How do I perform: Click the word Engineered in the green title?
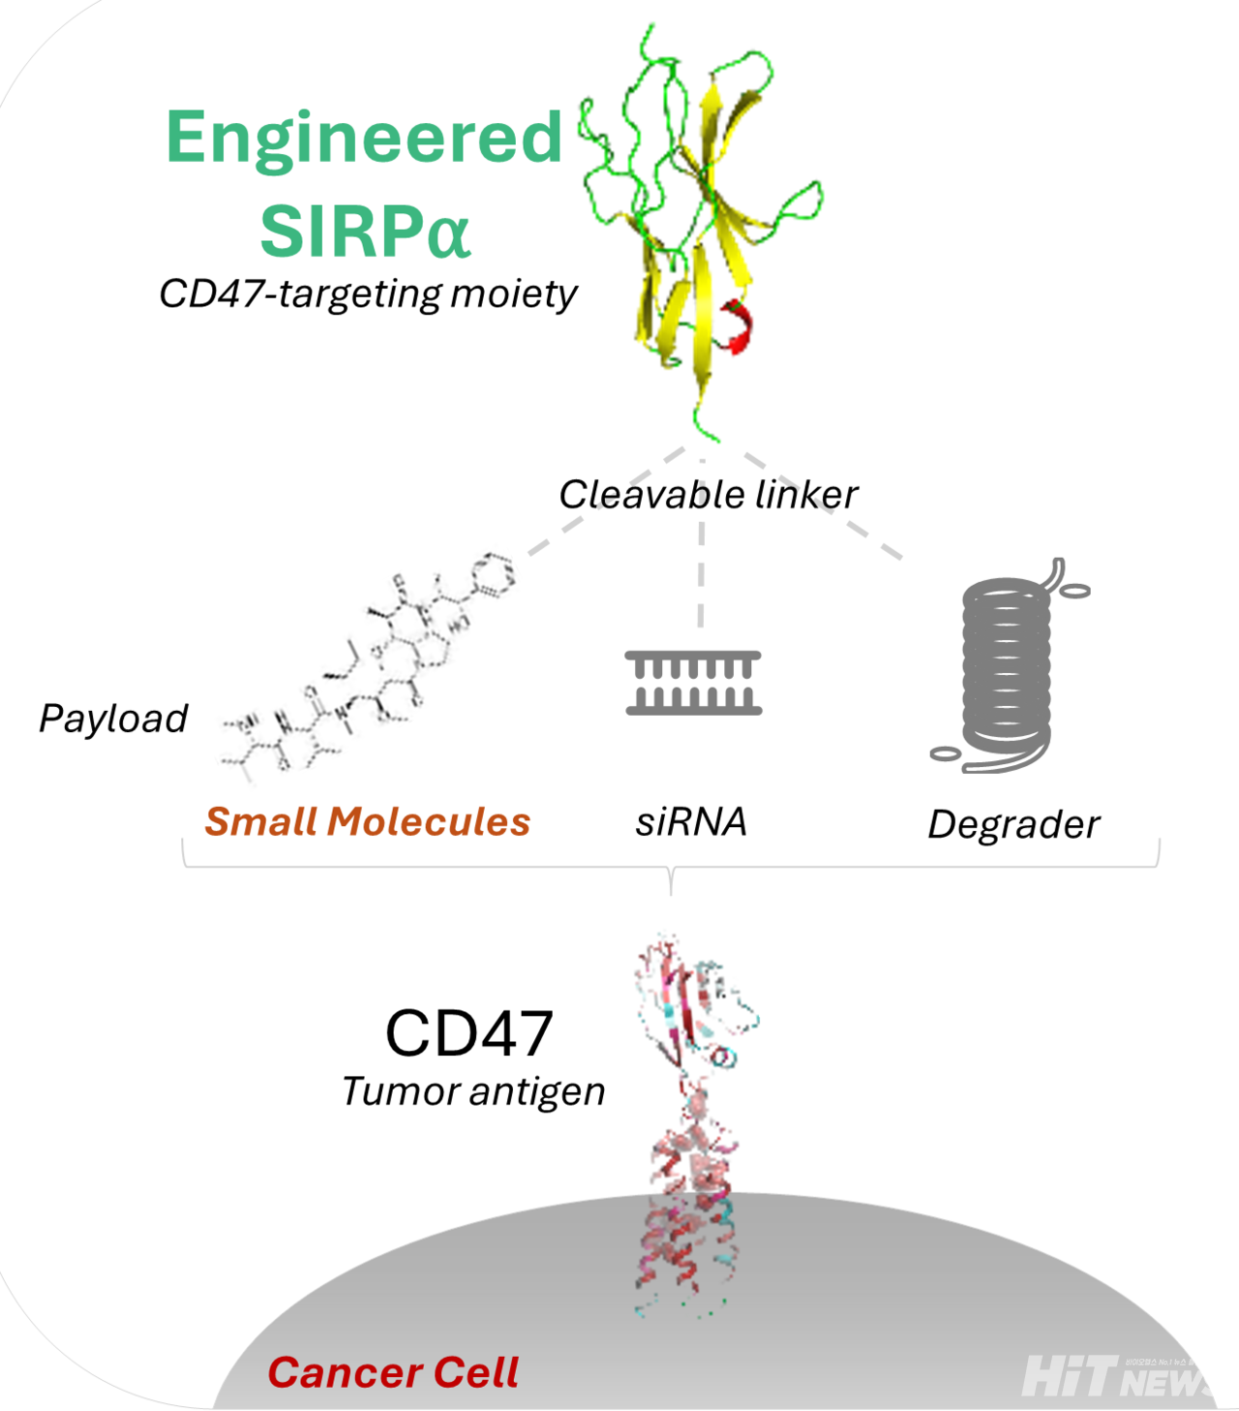pos(364,138)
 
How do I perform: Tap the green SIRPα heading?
pos(365,231)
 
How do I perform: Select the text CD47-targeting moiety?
pos(368,293)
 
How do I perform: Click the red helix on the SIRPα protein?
pos(740,327)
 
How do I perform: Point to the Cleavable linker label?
pos(708,495)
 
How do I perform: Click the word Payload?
pos(113,719)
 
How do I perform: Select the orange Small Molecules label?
pos(368,822)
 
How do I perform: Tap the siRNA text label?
pos(691,822)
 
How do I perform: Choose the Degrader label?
pos(1013,825)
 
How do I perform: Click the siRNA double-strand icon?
pos(694,683)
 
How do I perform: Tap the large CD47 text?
pos(469,1033)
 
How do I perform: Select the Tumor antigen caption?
pos(473,1092)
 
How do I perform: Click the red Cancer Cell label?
pos(393,1372)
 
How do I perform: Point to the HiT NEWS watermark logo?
pos(1113,1376)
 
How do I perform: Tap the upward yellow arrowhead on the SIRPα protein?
pos(712,98)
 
